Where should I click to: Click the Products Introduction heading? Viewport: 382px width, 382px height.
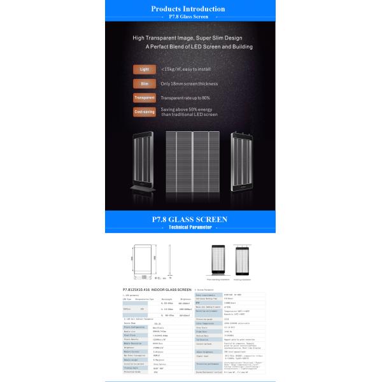tap(188, 9)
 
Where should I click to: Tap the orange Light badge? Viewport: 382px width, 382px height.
tap(143, 68)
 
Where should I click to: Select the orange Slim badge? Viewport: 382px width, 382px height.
tap(143, 83)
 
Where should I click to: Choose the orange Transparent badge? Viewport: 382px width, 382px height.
tap(143, 98)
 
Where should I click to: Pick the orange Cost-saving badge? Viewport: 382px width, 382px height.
tap(143, 112)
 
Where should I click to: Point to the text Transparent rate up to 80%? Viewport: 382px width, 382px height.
tap(185, 98)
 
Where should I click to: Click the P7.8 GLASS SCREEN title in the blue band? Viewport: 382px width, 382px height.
tap(189, 220)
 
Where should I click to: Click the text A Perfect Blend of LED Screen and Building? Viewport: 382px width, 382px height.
tap(190, 46)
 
